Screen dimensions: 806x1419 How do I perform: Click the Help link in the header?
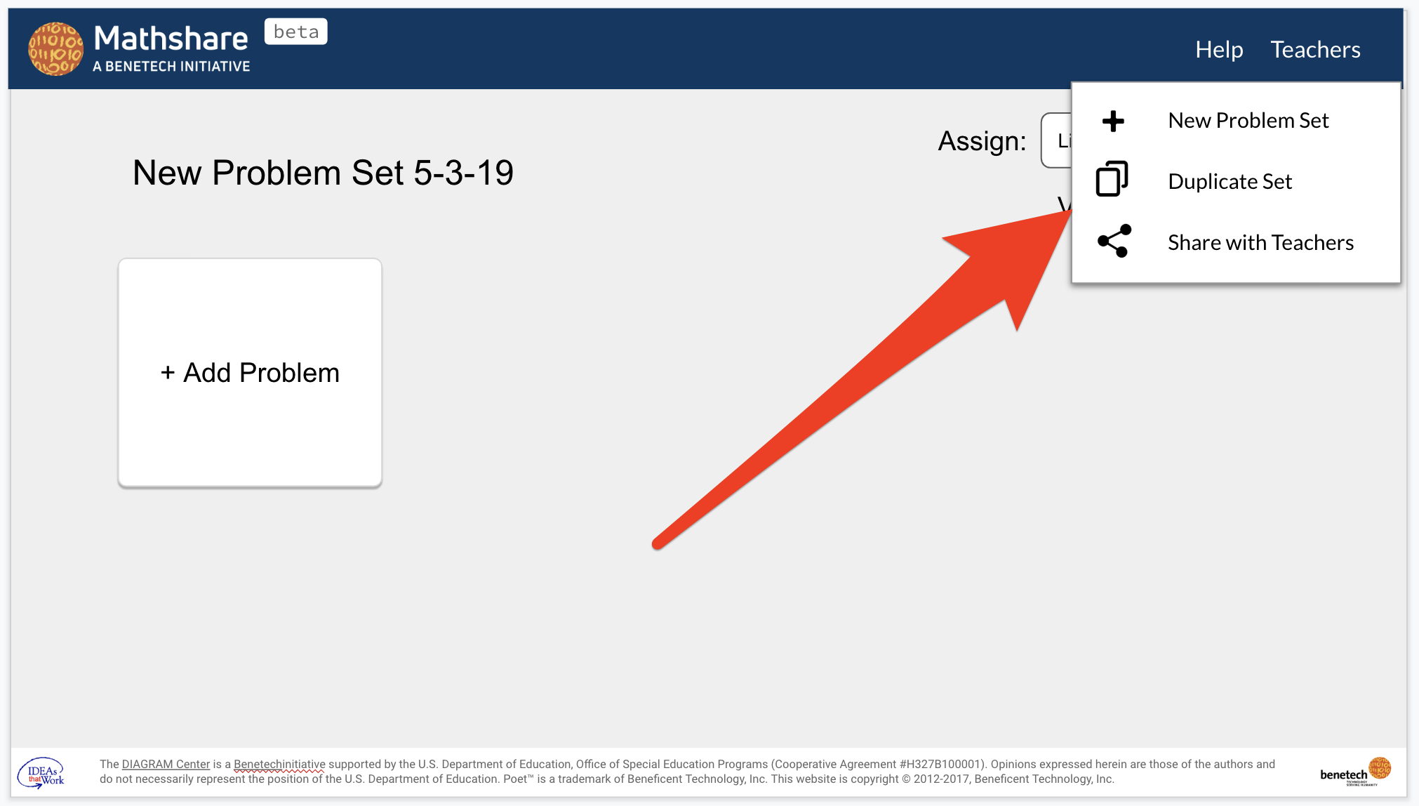(1219, 50)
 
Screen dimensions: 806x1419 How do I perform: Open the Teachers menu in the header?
(1315, 50)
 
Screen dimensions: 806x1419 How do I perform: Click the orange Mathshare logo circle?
(55, 48)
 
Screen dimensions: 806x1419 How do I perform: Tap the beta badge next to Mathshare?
(295, 32)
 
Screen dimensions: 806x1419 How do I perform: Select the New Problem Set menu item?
(1248, 121)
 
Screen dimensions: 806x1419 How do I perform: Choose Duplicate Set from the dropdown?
(1230, 182)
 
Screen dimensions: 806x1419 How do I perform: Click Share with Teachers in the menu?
(1260, 243)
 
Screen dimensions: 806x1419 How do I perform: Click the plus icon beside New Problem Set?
(1113, 121)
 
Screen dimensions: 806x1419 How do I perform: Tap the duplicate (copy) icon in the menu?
(1112, 179)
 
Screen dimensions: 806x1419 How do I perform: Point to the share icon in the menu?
(1114, 241)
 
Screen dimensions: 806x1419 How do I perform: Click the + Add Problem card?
(250, 373)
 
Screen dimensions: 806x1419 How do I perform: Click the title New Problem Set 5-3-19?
(323, 173)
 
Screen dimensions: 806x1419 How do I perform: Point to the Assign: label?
(982, 141)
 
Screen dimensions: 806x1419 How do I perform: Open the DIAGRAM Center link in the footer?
(166, 764)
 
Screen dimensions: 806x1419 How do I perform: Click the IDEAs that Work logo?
(41, 773)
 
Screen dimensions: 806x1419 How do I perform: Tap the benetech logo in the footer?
(1354, 772)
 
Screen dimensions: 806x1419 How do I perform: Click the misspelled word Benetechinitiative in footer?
(279, 764)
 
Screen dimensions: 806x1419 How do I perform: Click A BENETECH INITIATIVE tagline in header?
(171, 67)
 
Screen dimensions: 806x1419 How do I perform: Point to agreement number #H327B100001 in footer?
(939, 764)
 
